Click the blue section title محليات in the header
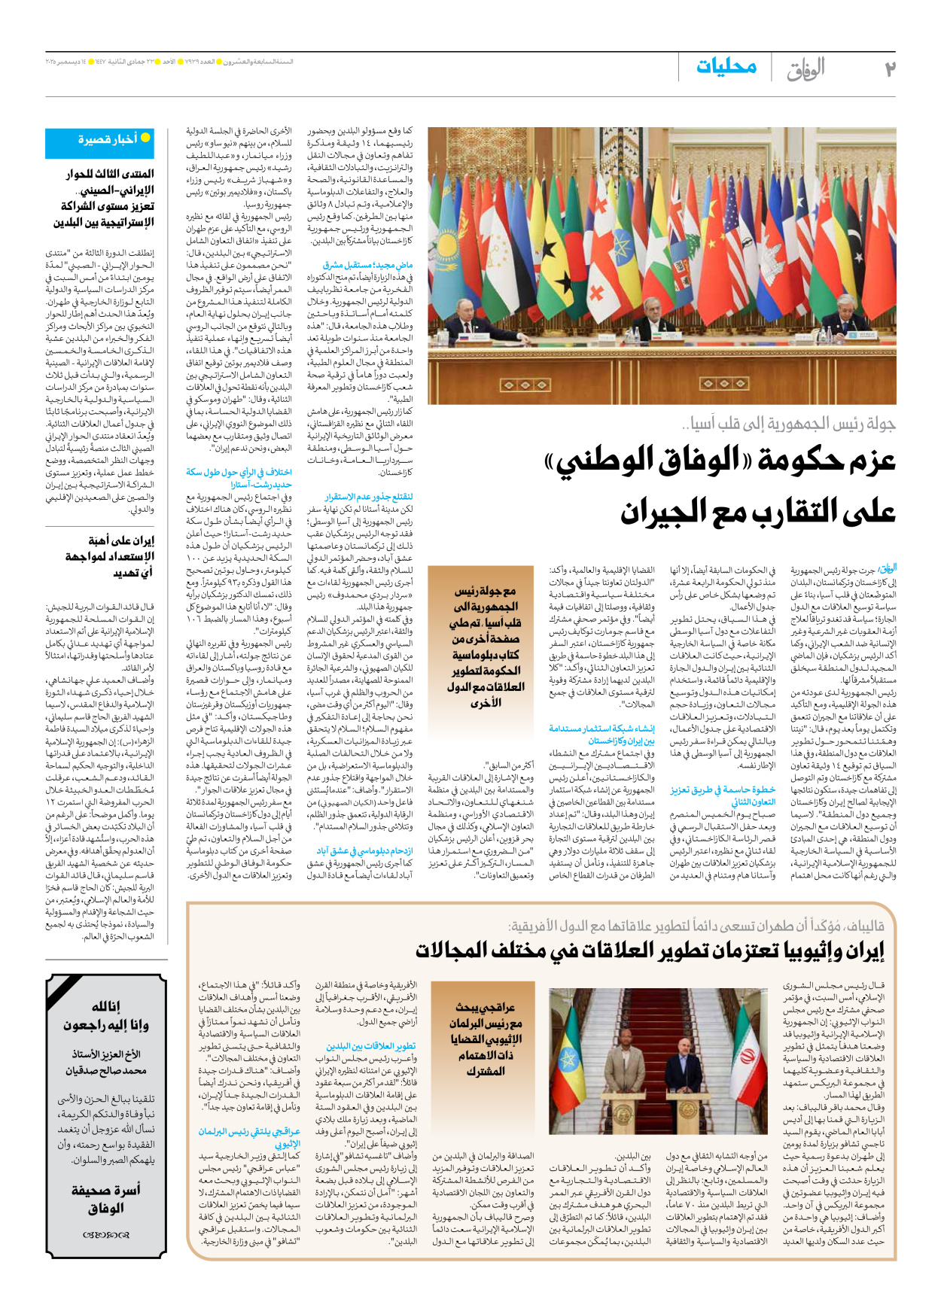726,67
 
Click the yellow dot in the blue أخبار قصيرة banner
145,138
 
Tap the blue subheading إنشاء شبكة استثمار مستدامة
601,729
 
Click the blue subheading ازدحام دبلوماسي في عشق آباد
364,850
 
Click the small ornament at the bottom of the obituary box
106,1234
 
